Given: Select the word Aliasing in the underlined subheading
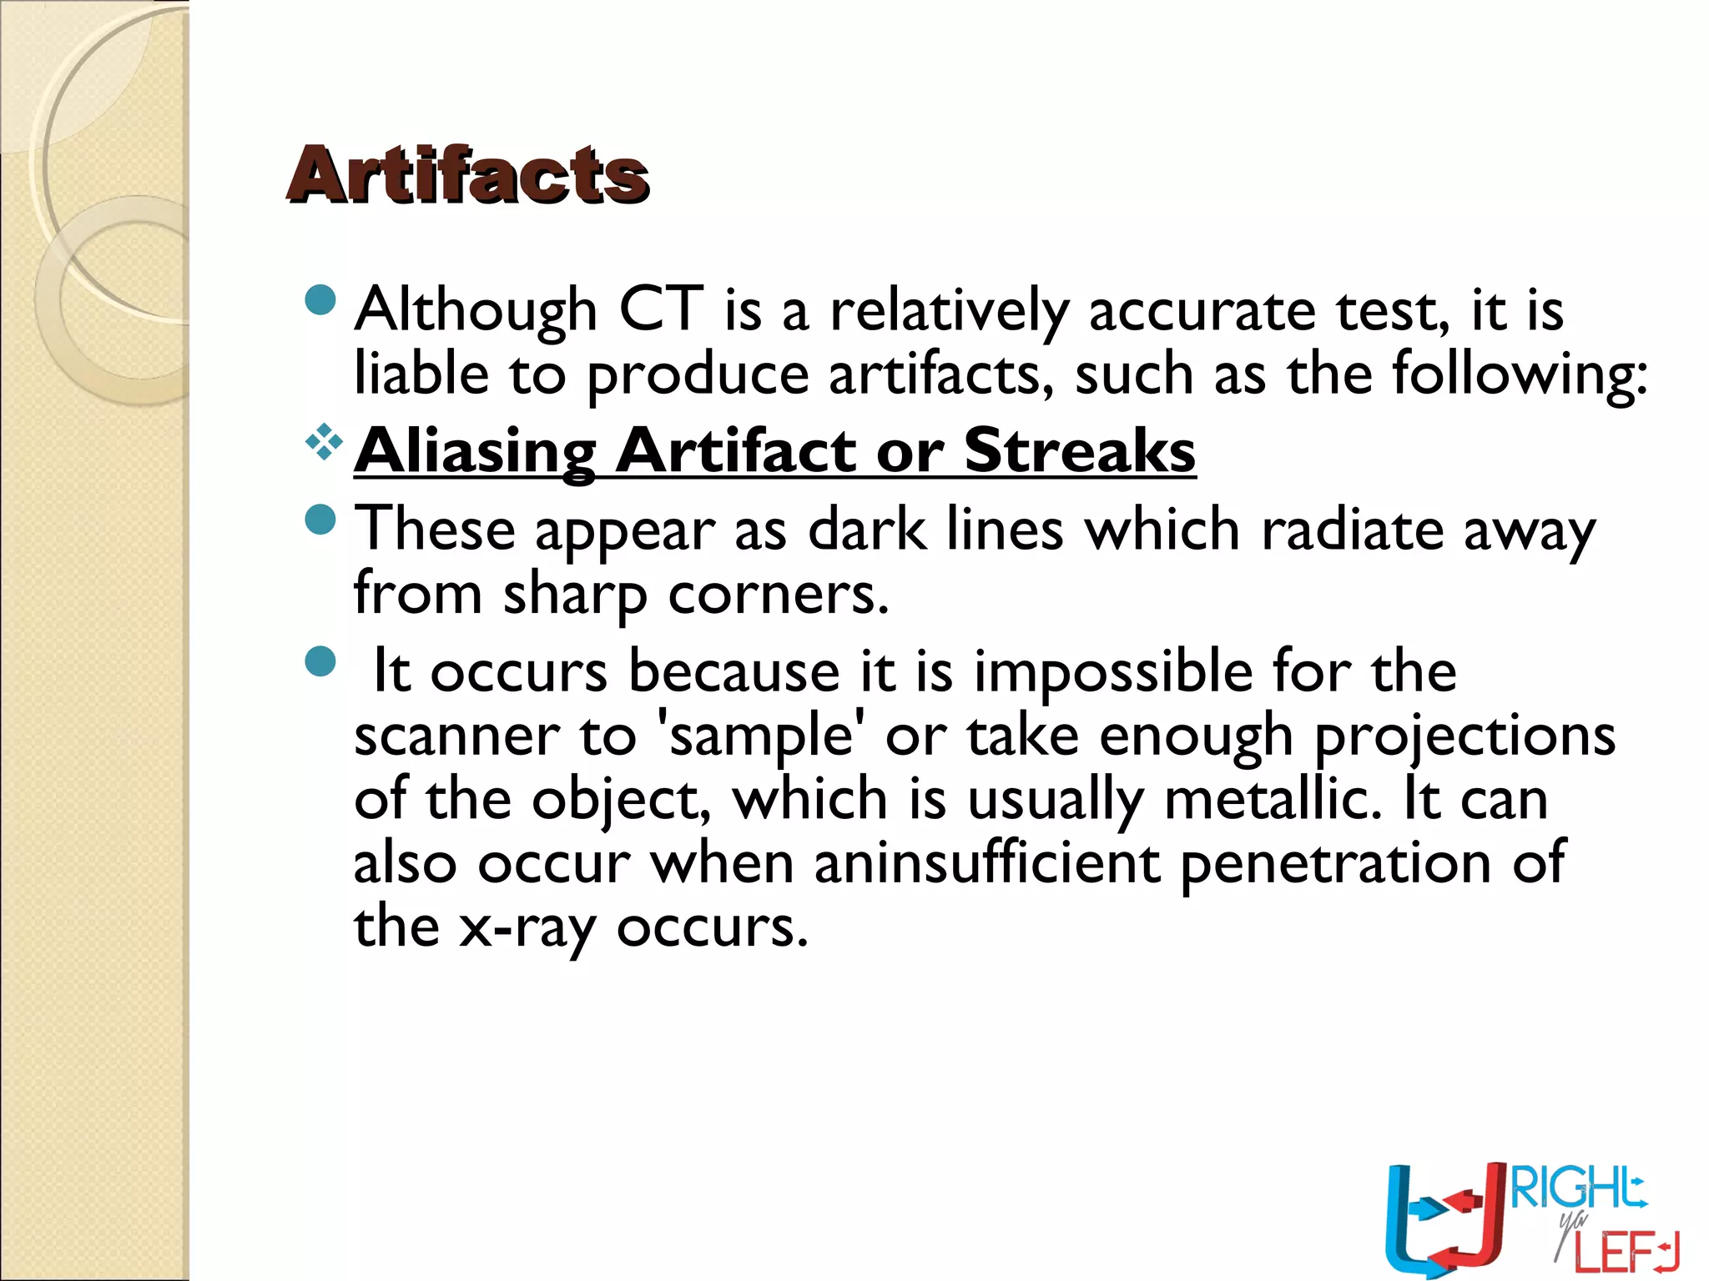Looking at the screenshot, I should pos(475,451).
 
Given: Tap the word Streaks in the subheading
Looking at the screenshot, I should pos(1080,451).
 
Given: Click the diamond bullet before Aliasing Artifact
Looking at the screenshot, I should pos(323,442).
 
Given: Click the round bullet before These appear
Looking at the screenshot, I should pos(320,520).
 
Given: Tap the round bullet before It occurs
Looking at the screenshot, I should pos(320,662).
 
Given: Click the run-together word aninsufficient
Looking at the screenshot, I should pos(987,863).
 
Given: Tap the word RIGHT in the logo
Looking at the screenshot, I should pos(1577,1189).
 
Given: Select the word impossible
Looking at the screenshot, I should pos(1113,672).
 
